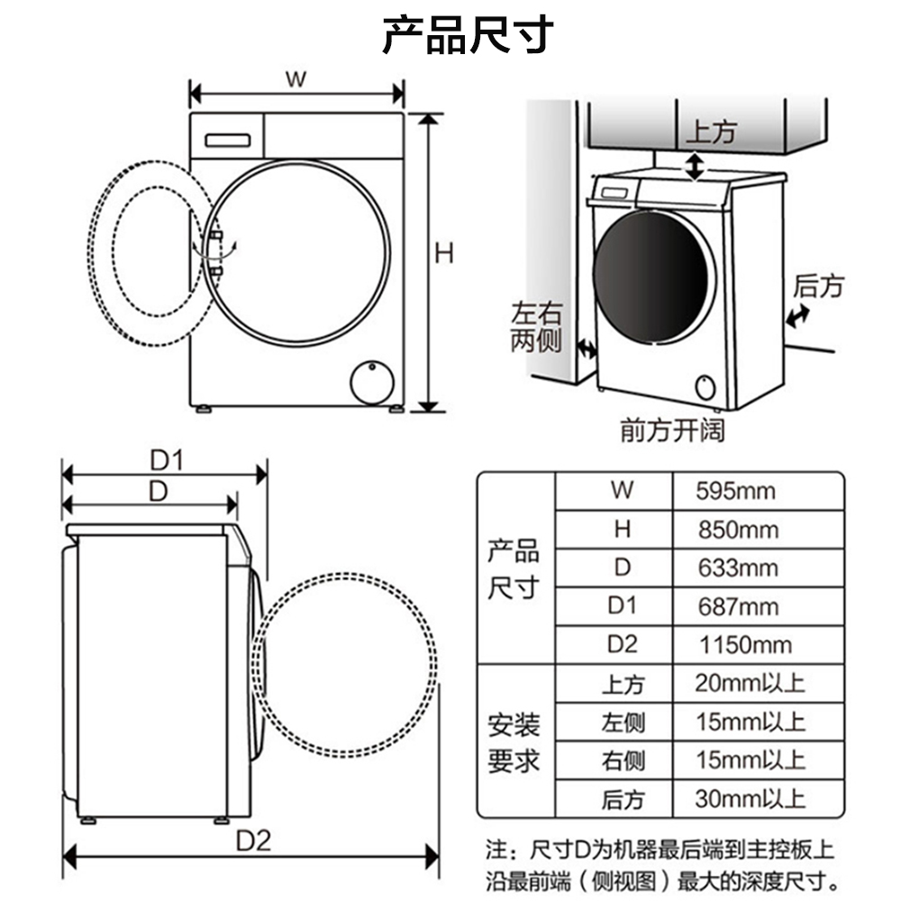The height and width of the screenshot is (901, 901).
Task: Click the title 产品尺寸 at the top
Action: pos(468,36)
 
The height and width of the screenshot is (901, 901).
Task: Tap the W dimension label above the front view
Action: pos(296,79)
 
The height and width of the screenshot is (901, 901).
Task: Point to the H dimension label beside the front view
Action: pos(444,253)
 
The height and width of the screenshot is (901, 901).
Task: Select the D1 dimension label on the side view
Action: pos(167,460)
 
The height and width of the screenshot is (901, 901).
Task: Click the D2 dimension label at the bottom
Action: pos(253,842)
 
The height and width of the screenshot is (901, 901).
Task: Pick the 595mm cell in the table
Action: pos(736,491)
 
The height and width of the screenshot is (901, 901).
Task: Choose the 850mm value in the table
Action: pos(739,530)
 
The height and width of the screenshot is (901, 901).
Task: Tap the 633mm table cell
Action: pos(739,569)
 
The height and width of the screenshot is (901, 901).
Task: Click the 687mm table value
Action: pos(739,606)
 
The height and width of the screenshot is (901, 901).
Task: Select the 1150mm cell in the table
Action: pos(745,645)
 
